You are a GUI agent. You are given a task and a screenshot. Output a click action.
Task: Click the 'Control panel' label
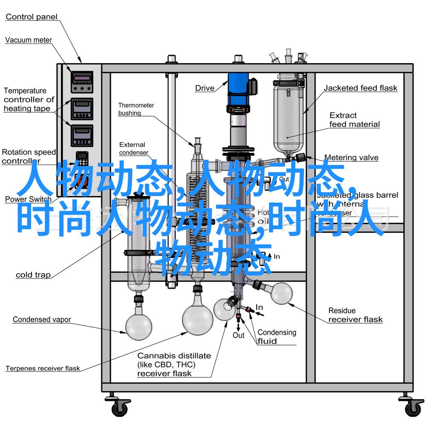pos(32,17)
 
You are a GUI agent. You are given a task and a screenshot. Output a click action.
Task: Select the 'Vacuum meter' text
pos(29,40)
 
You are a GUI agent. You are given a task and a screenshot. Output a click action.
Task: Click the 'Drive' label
pos(205,88)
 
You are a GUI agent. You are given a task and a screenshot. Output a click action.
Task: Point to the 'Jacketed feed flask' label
pos(360,88)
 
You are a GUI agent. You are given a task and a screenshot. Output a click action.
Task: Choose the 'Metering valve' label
pos(351,158)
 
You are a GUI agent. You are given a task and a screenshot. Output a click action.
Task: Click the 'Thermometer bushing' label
pos(136,109)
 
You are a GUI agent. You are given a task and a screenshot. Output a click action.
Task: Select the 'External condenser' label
pos(133,149)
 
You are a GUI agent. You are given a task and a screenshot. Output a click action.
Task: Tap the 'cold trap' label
pos(33,275)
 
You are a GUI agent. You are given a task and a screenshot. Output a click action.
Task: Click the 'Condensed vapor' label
pos(42,319)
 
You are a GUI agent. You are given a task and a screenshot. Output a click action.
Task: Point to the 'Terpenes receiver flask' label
pos(43,368)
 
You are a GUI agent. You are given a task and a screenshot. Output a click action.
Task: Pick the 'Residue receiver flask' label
pos(355,315)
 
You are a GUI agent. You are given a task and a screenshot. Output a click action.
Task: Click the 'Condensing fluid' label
pos(277,336)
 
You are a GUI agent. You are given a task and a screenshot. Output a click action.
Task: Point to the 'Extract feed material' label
pos(354,120)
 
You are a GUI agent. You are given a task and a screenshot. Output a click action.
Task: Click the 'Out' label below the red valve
pos(238,336)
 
